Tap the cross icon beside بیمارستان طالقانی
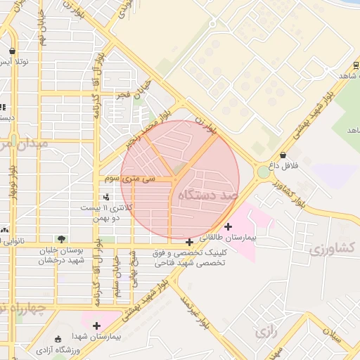[x=228, y=226]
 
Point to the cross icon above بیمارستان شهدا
[x=96, y=325]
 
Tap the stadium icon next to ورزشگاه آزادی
[x=57, y=338]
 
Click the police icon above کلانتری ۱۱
[x=105, y=197]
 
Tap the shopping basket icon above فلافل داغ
[x=283, y=155]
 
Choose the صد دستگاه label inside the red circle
[x=209, y=194]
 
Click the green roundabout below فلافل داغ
[x=263, y=172]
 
